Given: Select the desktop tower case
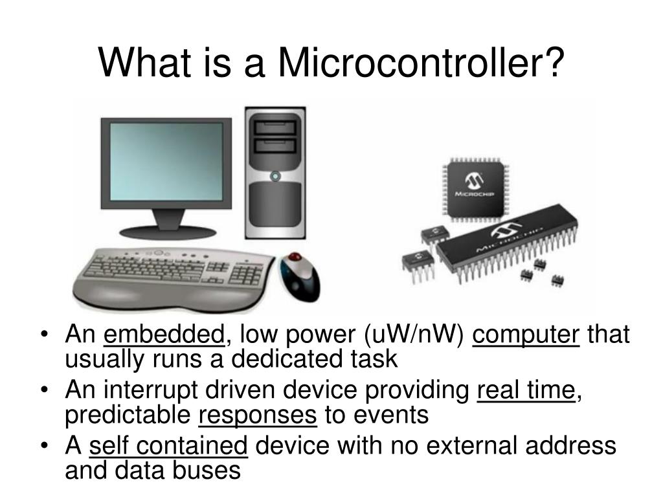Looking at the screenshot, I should pyautogui.click(x=275, y=175).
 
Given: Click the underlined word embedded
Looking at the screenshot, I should pyautogui.click(x=164, y=335).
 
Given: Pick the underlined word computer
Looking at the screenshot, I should pyautogui.click(x=526, y=335).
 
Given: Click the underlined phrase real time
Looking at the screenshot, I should pyautogui.click(x=526, y=391).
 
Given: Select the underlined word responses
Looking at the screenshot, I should pyautogui.click(x=258, y=415).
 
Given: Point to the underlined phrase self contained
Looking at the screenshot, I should pyautogui.click(x=168, y=446).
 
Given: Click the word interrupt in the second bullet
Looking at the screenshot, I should pyautogui.click(x=152, y=391).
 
